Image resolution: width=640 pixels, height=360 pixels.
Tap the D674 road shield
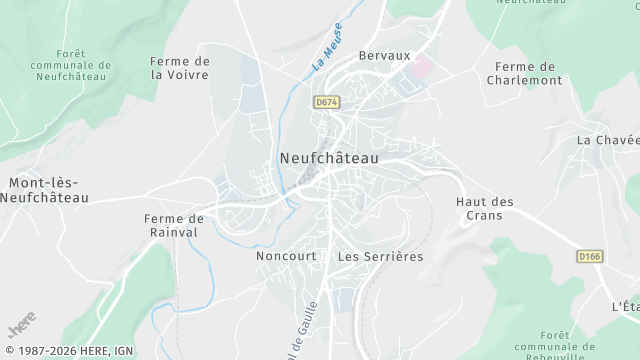point(325,101)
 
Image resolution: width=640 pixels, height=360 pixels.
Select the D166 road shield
point(589,257)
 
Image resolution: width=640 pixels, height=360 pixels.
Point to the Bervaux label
point(385,57)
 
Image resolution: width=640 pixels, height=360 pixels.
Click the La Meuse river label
point(327,47)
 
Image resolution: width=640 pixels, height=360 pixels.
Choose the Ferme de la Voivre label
point(180,67)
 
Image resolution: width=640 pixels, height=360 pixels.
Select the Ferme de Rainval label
point(174,225)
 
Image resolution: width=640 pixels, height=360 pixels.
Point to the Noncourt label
point(286,256)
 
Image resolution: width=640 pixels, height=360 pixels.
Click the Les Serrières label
point(380,256)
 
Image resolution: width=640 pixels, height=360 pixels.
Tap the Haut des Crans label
point(485,208)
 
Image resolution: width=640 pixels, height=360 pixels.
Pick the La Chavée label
point(606,140)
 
